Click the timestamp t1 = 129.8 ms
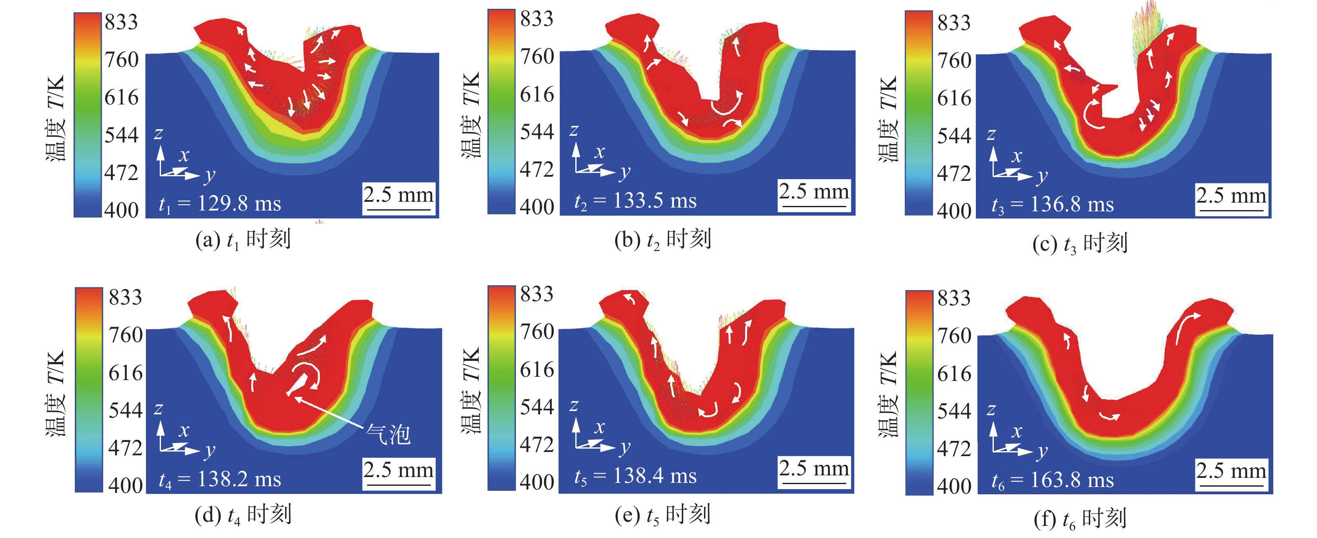[220, 204]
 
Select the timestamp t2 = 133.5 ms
[635, 201]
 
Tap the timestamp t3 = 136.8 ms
[1052, 204]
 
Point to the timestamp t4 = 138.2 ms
[220, 479]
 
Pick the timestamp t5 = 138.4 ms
[635, 476]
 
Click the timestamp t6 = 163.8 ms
[1052, 480]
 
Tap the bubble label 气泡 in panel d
[388, 435]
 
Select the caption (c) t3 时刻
[1080, 243]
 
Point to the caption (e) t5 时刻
[663, 515]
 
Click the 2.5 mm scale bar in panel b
[814, 194]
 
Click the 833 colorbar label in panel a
[121, 23]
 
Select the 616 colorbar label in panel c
[954, 98]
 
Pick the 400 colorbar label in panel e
[537, 482]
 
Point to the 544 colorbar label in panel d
[125, 410]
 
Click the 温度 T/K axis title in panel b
[471, 115]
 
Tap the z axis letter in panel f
[991, 409]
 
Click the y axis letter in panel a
[209, 176]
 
